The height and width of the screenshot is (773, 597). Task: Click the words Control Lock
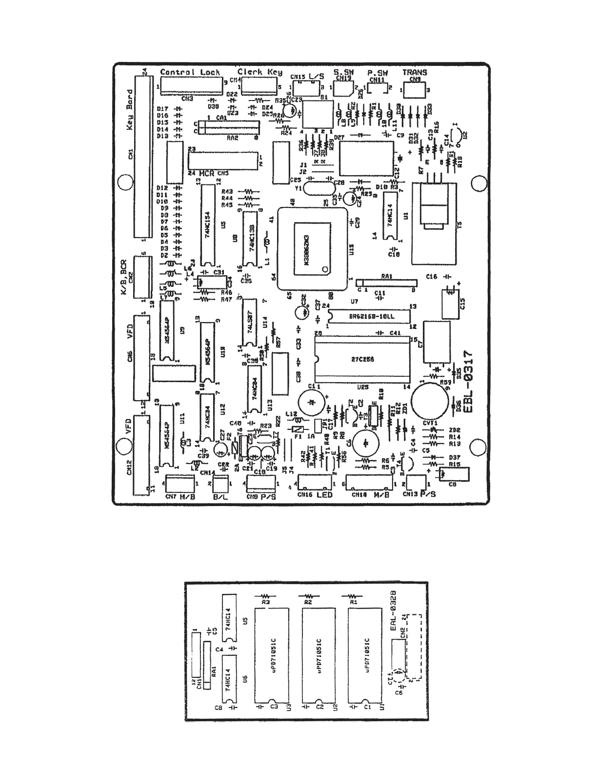[190, 72]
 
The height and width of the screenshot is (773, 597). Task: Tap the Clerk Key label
[259, 72]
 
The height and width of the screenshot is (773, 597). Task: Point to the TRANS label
[415, 72]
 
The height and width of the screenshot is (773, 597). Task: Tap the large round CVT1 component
[429, 401]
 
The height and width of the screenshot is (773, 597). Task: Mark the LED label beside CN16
[324, 495]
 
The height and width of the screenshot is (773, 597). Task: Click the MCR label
[207, 173]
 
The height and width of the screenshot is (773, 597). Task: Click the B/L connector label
[221, 497]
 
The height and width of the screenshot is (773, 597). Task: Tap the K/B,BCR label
[124, 277]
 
